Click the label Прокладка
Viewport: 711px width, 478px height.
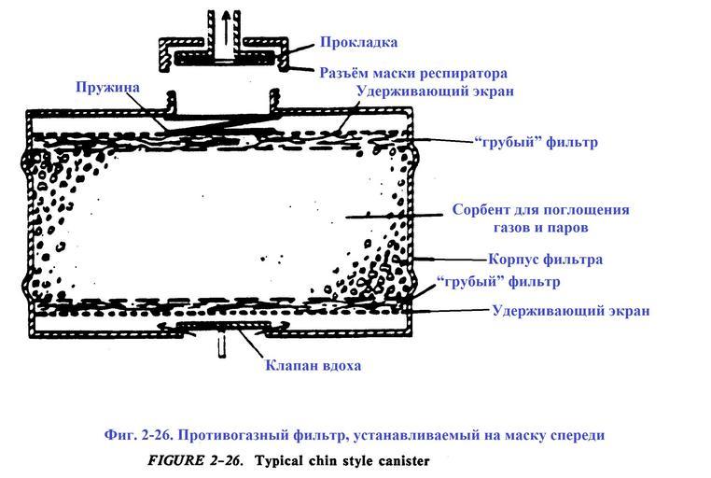tap(358, 42)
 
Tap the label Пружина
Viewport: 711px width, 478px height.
tap(110, 87)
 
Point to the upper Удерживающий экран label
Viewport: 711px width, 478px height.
tap(435, 91)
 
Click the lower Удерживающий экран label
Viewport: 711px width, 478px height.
tap(570, 310)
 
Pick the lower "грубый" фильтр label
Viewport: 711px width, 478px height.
tap(497, 281)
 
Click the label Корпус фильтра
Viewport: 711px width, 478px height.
tap(545, 260)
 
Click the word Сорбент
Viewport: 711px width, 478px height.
tap(483, 209)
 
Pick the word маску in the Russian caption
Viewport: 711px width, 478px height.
tap(515, 435)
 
